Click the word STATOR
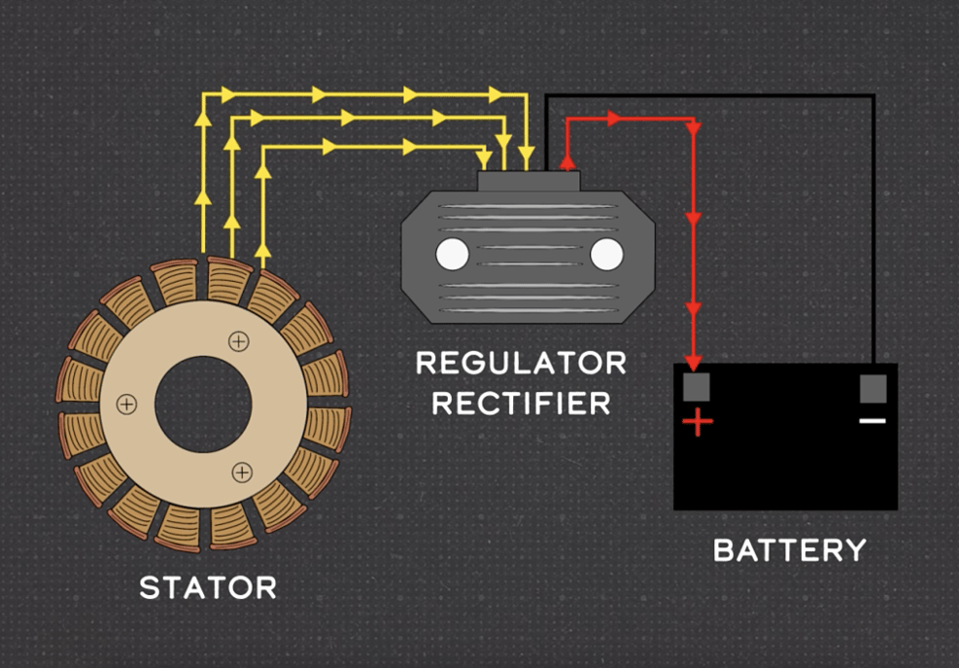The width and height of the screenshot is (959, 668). coord(208,588)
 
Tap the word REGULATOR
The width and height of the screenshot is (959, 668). coord(521,364)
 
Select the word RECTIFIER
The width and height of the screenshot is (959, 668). coord(521,403)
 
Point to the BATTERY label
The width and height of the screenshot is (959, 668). coord(789,550)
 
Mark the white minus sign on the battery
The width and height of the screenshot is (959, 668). coord(873,421)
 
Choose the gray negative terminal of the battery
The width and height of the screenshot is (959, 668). coord(873,388)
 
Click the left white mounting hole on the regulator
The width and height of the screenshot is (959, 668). coord(452,254)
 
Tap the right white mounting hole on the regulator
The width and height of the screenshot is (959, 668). coord(606,254)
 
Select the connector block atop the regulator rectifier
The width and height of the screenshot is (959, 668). coord(529,181)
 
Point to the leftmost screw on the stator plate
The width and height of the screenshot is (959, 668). coord(126,404)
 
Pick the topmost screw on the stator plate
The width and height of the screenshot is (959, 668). coord(238,340)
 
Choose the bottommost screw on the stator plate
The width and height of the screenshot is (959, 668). coord(241,473)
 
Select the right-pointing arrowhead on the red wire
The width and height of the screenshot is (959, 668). coord(614,119)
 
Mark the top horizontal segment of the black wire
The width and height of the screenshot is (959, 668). coord(709,95)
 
